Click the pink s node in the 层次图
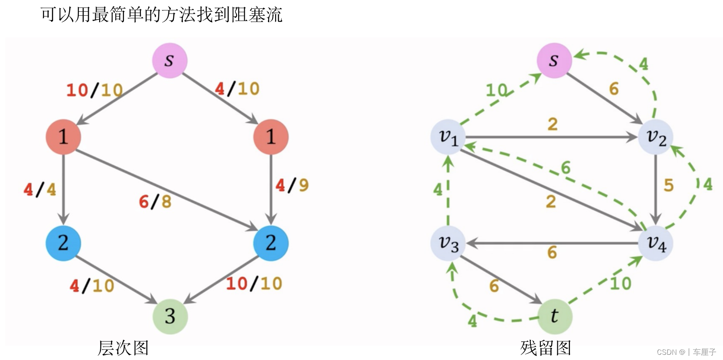tap(170, 60)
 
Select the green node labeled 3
tap(170, 316)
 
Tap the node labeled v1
tap(448, 137)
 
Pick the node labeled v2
tap(656, 137)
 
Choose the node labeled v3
tap(448, 243)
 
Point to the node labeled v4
tap(656, 243)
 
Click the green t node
tap(555, 316)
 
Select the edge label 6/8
tap(155, 202)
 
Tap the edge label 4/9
tap(292, 185)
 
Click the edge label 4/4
tap(40, 190)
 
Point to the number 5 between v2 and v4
tap(669, 185)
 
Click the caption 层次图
tap(123, 348)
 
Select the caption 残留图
tap(546, 348)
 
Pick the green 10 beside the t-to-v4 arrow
tap(620, 283)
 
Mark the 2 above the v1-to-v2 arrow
tap(552, 124)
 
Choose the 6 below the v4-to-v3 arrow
tap(552, 252)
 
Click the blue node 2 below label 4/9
tap(271, 243)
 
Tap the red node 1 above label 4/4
tap(63, 137)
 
